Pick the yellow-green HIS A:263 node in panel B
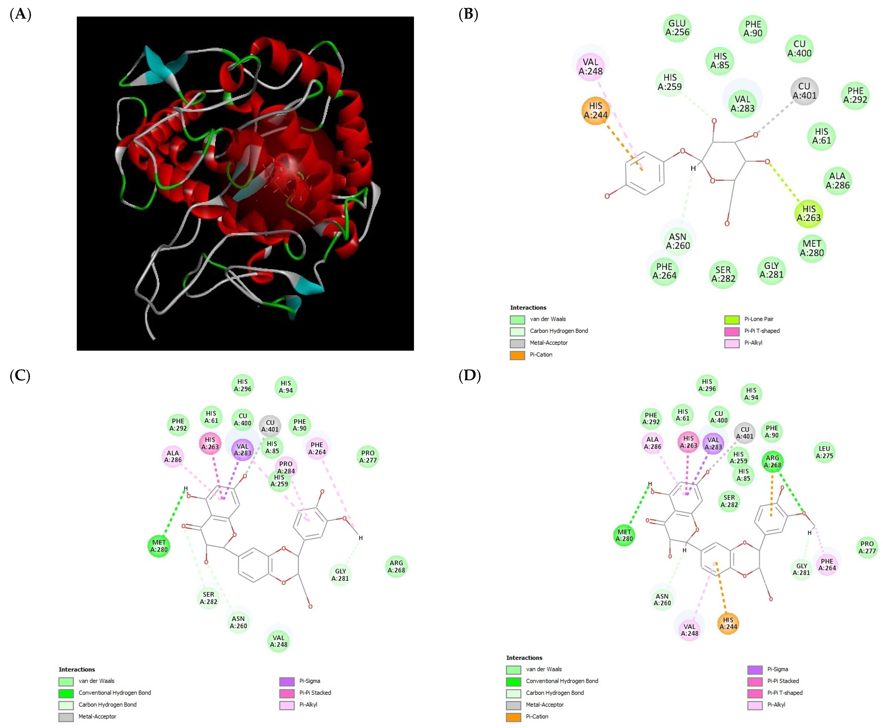(x=808, y=213)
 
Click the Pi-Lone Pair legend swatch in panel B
(x=731, y=320)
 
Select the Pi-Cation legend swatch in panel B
(x=517, y=355)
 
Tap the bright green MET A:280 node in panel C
(x=159, y=546)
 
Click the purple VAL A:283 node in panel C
(x=242, y=450)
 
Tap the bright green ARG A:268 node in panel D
(x=772, y=461)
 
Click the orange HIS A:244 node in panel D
(x=728, y=624)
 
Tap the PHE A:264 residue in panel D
(x=827, y=564)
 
